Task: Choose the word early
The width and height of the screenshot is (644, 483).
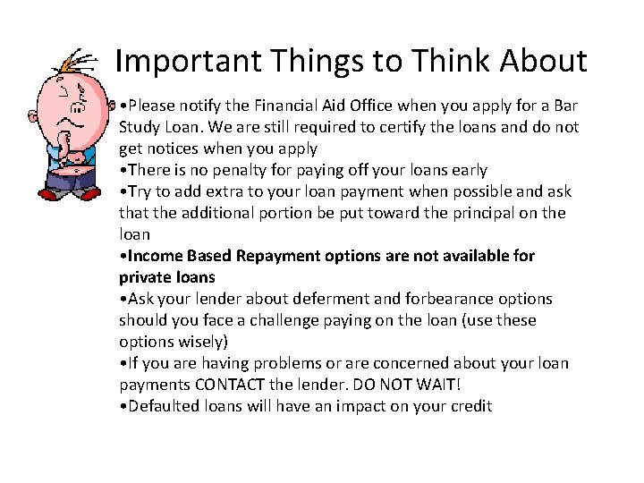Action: click(x=465, y=170)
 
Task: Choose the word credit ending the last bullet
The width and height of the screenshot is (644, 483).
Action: click(x=469, y=406)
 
